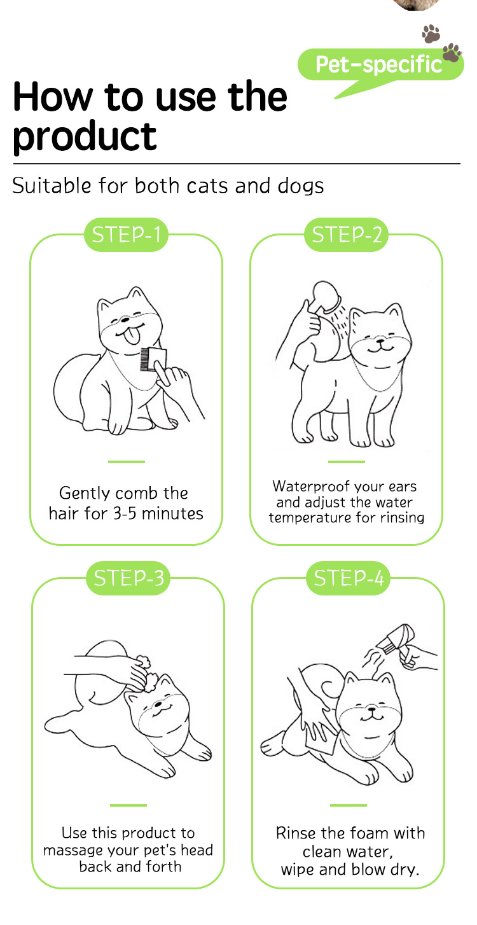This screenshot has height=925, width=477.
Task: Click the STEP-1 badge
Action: coord(126,235)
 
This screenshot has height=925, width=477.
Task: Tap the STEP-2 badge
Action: coord(346,235)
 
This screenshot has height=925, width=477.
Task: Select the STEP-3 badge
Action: coord(128,578)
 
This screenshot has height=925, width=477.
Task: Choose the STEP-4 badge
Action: coord(348,578)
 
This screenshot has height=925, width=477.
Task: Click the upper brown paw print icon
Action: coord(431,34)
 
